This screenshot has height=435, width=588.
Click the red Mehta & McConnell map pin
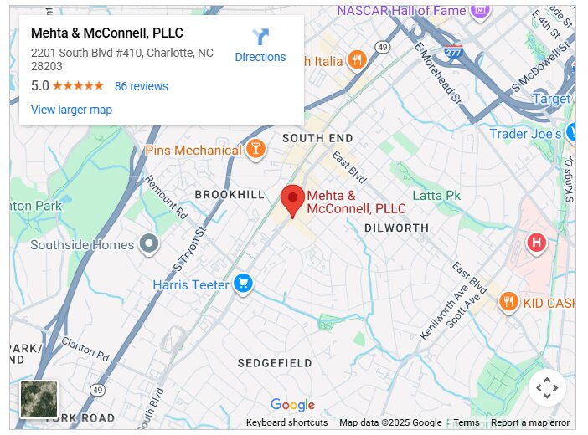coord(292,200)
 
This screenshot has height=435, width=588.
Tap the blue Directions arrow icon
coord(260,38)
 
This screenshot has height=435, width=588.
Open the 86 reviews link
coord(141,86)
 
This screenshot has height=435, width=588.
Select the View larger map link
coord(71,110)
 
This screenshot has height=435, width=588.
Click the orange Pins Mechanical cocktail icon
coord(255,150)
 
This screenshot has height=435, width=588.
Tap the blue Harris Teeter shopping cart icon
coord(243,284)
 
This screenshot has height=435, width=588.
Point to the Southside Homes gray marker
coord(149,244)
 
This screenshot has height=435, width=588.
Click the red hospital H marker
coord(536,243)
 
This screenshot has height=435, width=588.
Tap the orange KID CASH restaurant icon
coord(508,302)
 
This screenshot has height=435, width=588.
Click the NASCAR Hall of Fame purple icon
coord(480,12)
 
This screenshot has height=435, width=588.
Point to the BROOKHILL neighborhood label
coord(229,194)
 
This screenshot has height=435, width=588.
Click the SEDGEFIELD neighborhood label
coord(274,363)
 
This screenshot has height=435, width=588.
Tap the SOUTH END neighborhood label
coord(317,137)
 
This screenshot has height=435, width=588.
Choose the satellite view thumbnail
coord(39,399)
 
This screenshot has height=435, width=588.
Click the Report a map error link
coord(530,422)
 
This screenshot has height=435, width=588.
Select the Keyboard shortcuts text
coord(286,422)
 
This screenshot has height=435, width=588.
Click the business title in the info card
coord(107,33)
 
